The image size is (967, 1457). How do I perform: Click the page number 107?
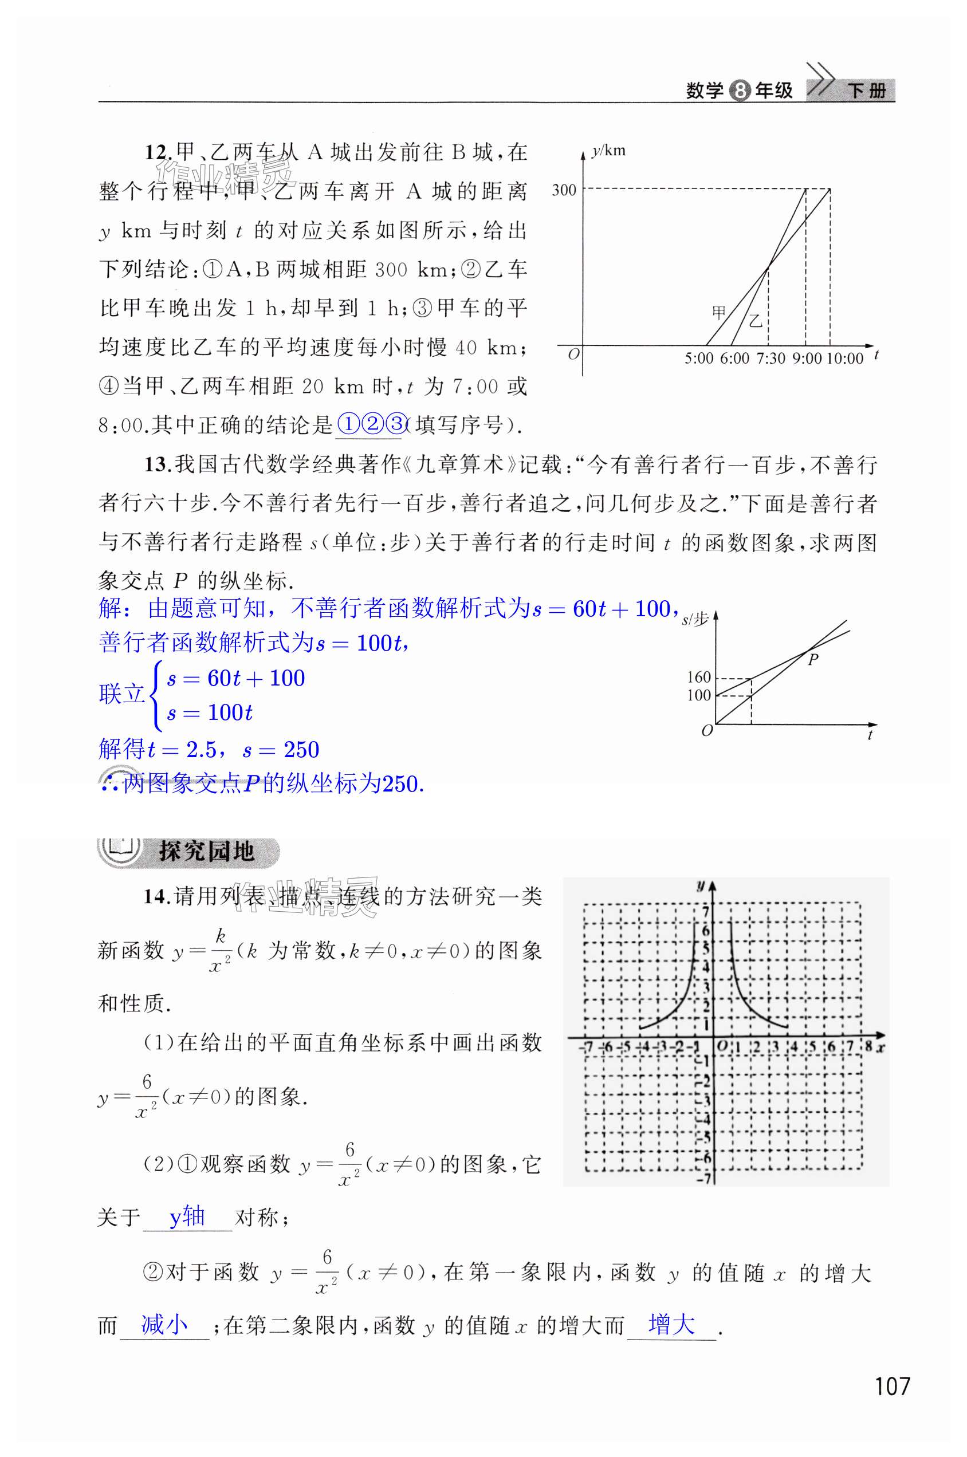click(892, 1386)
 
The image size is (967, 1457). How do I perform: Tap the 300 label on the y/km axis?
click(564, 190)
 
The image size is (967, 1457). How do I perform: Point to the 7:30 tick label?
click(771, 359)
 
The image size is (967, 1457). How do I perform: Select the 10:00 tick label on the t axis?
click(845, 359)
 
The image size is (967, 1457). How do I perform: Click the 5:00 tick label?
click(699, 359)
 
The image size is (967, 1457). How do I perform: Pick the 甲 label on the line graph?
click(719, 312)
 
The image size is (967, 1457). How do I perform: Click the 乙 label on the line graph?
click(756, 321)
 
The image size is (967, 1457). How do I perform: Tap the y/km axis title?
click(609, 151)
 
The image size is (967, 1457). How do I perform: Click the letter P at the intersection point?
click(813, 659)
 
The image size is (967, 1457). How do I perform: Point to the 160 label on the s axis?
click(699, 677)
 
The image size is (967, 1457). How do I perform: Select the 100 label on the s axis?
click(699, 695)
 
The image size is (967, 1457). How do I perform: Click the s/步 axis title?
click(695, 620)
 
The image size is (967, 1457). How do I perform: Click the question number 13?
click(158, 464)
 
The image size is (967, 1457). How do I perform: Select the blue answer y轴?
click(187, 1216)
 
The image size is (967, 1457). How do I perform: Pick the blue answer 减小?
click(164, 1325)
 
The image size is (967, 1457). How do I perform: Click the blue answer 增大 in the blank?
click(671, 1324)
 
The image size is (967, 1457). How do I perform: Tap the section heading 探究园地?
click(207, 852)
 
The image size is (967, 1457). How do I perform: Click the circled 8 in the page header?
click(739, 91)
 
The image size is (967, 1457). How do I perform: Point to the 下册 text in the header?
click(867, 91)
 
